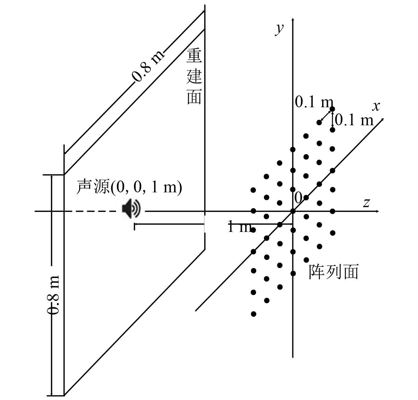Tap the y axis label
point(279,28)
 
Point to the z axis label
point(366,203)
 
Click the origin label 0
point(298,197)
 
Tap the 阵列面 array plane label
point(333,271)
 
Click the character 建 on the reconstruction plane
point(194,76)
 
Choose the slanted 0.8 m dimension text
point(147,66)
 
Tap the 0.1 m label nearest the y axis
point(314,102)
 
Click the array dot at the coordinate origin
point(293,211)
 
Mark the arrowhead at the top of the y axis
point(292,19)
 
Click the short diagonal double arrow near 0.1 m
point(326,116)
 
